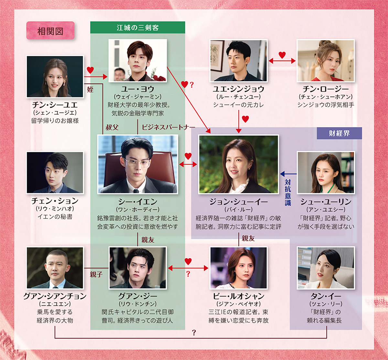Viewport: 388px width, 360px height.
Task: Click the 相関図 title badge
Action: pyautogui.click(x=50, y=31)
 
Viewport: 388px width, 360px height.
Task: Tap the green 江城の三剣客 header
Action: pyautogui.click(x=137, y=27)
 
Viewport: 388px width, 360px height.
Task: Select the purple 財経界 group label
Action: pyautogui.click(x=339, y=133)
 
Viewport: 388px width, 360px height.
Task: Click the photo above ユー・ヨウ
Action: pyautogui.click(x=138, y=60)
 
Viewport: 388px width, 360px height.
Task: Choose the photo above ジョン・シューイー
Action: pyautogui.click(x=239, y=164)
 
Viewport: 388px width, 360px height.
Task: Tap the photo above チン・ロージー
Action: pyautogui.click(x=326, y=60)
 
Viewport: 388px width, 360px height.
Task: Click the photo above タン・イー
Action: pyautogui.click(x=326, y=268)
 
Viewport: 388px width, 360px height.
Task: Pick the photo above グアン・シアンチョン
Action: pyautogui.click(x=55, y=268)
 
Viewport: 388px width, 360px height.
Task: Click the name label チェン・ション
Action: pyautogui.click(x=55, y=201)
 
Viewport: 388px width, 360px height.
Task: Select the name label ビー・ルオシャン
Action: pyautogui.click(x=239, y=296)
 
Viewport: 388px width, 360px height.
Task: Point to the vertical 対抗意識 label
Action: pyautogui.click(x=288, y=193)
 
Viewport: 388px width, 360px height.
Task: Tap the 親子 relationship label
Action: pyautogui.click(x=96, y=275)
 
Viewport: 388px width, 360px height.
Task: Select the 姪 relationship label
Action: pyautogui.click(x=90, y=89)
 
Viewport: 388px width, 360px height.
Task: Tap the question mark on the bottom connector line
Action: pyautogui.click(x=194, y=333)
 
